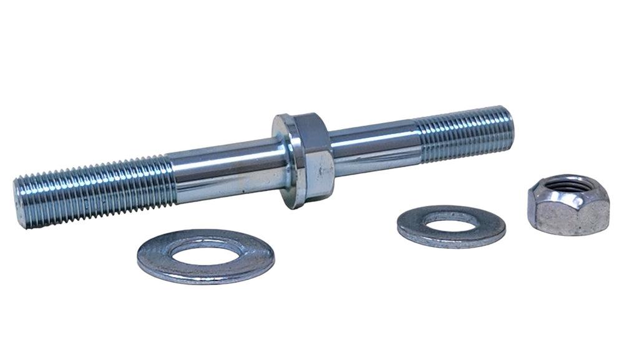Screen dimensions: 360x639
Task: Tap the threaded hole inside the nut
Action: [x=567, y=185]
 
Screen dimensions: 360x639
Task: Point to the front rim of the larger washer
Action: [x=206, y=275]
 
